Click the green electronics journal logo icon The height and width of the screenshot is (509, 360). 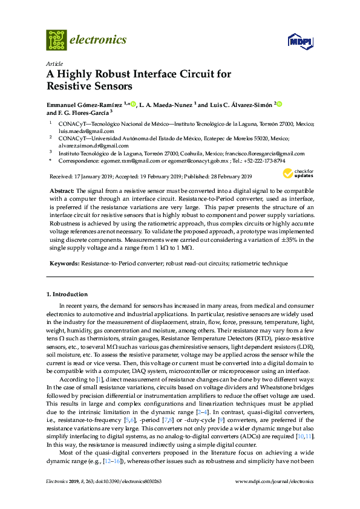(56, 40)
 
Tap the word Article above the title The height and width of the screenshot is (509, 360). (54, 63)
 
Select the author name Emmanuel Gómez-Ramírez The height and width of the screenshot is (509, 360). (84, 105)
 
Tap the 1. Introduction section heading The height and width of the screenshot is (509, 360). (67, 294)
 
